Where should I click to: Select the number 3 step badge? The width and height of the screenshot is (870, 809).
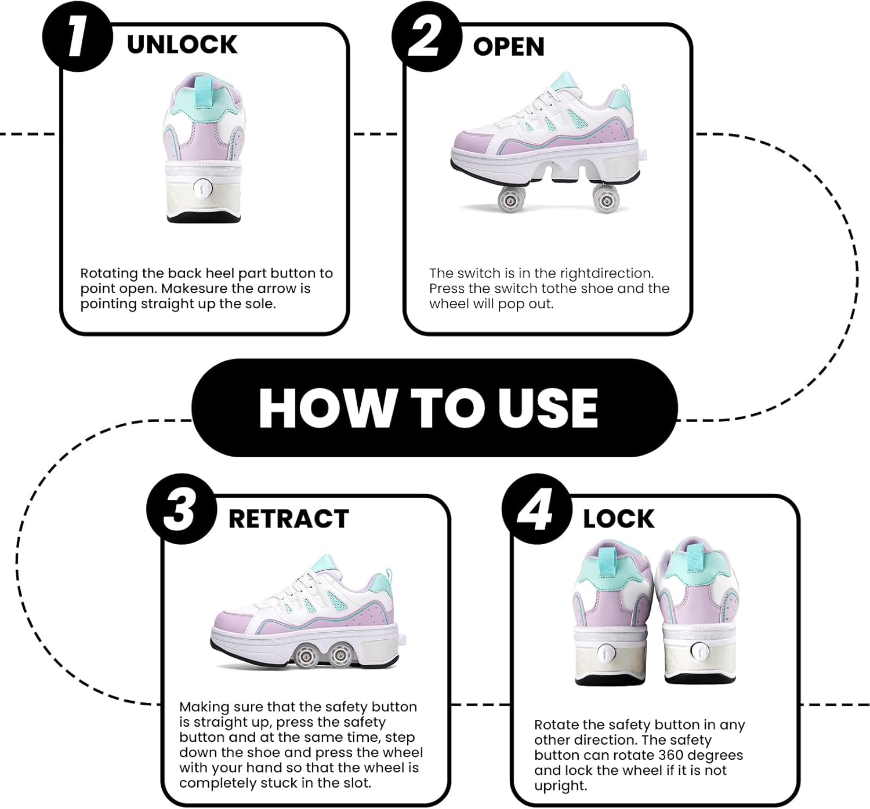[181, 509]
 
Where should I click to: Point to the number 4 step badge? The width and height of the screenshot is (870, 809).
[536, 509]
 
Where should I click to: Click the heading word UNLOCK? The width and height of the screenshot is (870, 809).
[182, 45]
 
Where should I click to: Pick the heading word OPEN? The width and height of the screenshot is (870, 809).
[509, 47]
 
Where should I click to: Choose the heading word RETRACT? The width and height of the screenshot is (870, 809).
[288, 519]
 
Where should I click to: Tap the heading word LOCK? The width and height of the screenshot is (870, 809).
[618, 519]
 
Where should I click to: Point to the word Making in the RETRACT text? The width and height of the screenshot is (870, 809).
[205, 707]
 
